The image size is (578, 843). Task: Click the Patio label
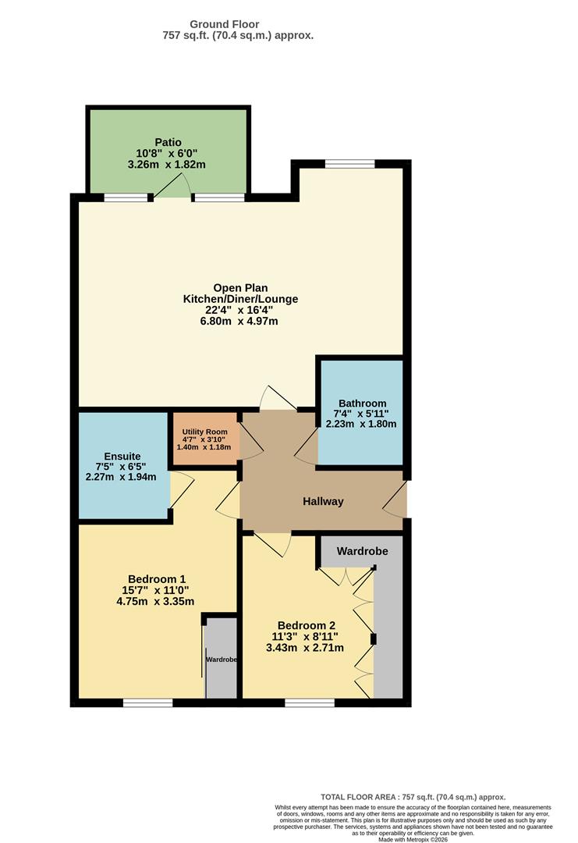coord(168,142)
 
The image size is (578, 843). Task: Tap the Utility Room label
coord(205,432)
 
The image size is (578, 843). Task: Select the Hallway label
coord(323,502)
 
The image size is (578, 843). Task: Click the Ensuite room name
coord(122,456)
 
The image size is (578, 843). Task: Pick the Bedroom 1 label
coord(157,578)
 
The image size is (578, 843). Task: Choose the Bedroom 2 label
coord(307,625)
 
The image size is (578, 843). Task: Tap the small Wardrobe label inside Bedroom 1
coord(222,660)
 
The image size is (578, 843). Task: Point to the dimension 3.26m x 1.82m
coord(168,165)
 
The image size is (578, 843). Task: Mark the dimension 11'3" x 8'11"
coord(305,636)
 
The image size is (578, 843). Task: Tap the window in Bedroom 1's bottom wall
coord(147,703)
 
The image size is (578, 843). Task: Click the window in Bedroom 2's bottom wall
coord(310,703)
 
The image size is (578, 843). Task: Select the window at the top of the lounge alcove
coord(349,164)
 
